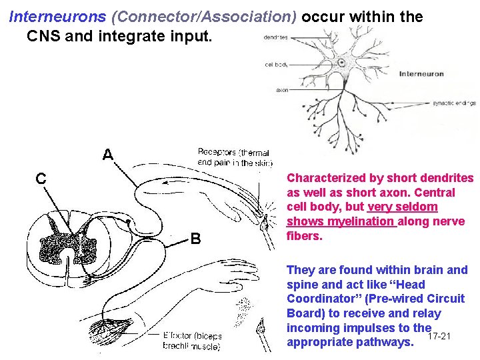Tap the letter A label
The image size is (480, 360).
(x=107, y=155)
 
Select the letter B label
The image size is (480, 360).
(x=196, y=238)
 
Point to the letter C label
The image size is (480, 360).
(x=41, y=178)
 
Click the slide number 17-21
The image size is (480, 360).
(x=441, y=335)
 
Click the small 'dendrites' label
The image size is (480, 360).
(x=276, y=37)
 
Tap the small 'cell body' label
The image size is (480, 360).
(x=277, y=65)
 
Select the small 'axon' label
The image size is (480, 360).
(x=282, y=90)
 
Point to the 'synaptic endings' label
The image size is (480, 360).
(x=454, y=103)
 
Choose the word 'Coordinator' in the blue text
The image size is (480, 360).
(x=319, y=299)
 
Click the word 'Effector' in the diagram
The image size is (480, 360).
(x=178, y=337)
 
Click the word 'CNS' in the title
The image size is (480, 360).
(x=43, y=35)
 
